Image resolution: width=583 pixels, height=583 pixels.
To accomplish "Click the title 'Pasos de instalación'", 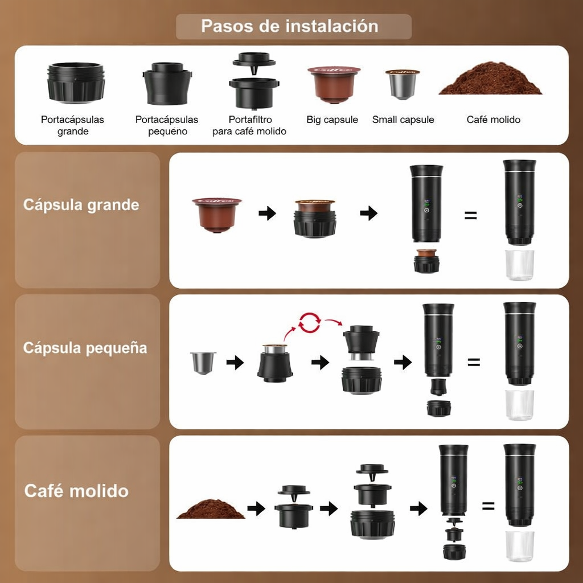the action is (x=290, y=26).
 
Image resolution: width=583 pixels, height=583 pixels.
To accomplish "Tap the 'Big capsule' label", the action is (x=332, y=120).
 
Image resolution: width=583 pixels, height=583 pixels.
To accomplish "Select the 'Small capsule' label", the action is (x=403, y=120).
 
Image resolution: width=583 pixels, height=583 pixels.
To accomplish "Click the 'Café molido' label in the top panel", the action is (x=494, y=120).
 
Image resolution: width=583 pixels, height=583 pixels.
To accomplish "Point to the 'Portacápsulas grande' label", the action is (x=72, y=125).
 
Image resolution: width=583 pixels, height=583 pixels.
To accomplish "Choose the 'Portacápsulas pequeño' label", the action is (x=167, y=125).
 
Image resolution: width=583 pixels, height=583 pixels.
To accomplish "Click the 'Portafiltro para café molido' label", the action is (x=249, y=125).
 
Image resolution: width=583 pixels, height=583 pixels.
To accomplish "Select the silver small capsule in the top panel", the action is (x=403, y=84).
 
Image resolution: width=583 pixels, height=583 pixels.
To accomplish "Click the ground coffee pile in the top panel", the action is (x=490, y=79).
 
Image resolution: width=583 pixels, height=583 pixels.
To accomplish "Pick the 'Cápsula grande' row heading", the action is (x=81, y=205).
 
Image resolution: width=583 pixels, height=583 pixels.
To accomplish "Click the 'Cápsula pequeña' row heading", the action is (x=85, y=348).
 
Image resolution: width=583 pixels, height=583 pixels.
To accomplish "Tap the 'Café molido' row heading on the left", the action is (x=77, y=491).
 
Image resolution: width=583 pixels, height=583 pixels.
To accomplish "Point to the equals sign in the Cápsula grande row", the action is (x=471, y=215).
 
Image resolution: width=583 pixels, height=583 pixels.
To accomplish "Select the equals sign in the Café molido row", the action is (x=488, y=506).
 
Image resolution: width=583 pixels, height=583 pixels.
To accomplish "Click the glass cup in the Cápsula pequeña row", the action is (x=519, y=405).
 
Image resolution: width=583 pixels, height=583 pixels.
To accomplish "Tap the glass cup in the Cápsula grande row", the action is (x=519, y=265).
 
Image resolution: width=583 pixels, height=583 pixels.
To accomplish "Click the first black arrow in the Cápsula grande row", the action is (x=268, y=214).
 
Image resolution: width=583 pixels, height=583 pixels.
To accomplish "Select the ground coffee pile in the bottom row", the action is (x=211, y=509).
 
